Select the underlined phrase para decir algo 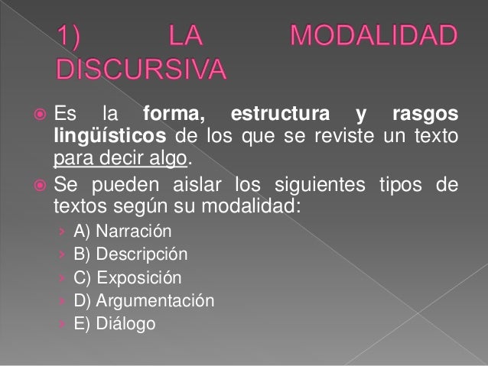click(x=119, y=160)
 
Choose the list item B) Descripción click(x=130, y=254)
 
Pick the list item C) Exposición click(x=128, y=277)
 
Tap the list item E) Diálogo click(x=114, y=323)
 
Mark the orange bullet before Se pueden click(x=37, y=185)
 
